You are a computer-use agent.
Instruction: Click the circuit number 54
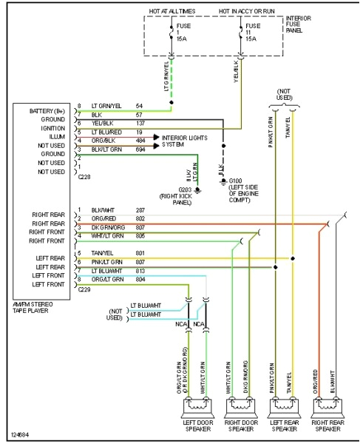(x=138, y=107)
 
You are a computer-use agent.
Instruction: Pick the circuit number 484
(x=140, y=138)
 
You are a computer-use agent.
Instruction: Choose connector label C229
(x=85, y=290)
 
